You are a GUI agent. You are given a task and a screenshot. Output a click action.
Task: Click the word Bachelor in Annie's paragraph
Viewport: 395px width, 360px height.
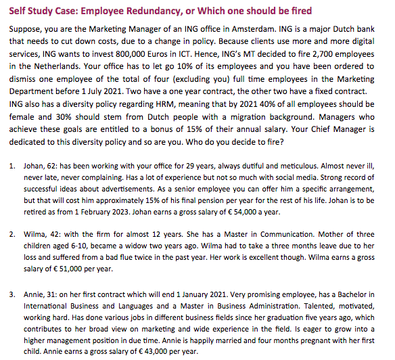tap(354, 300)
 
